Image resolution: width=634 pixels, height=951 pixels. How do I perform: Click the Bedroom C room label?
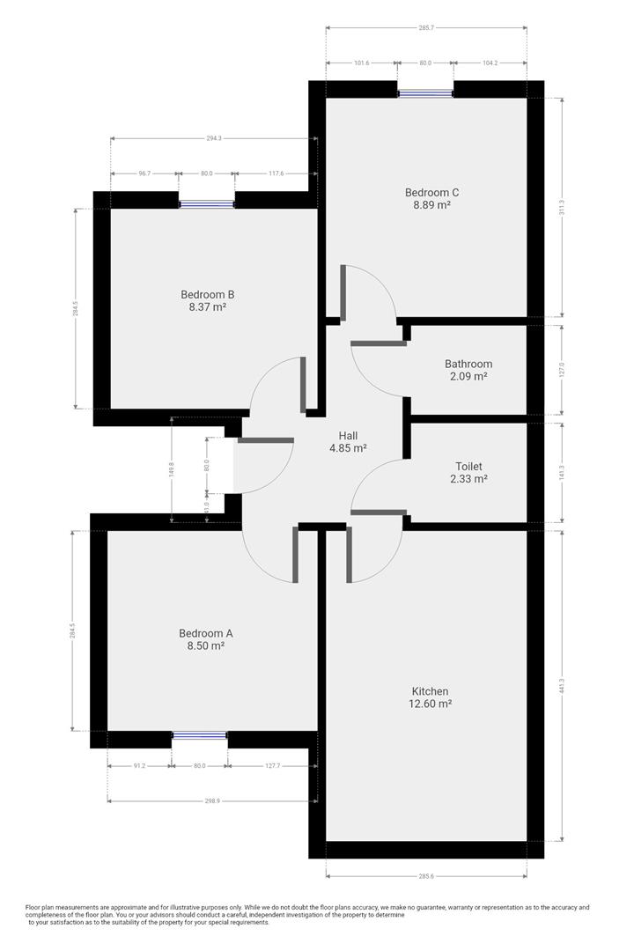(x=432, y=193)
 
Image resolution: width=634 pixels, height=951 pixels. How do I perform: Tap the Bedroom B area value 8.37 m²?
(x=208, y=307)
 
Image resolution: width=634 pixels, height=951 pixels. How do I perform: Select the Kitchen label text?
(x=430, y=691)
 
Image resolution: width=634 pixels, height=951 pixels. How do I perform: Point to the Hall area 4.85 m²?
(x=348, y=448)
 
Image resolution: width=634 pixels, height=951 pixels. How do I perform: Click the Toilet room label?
(x=469, y=467)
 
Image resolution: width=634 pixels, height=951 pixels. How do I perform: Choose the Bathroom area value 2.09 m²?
(x=469, y=376)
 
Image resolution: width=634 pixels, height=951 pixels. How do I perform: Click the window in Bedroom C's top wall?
(x=425, y=93)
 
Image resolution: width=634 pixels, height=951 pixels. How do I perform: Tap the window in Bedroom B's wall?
(x=206, y=204)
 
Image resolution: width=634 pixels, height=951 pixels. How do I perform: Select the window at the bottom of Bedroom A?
(x=200, y=735)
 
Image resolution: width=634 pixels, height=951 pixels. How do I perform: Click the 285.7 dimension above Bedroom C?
(x=426, y=28)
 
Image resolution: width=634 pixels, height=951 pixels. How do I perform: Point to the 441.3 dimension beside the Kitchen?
(x=563, y=686)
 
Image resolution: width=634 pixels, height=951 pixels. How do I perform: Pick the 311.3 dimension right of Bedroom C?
(x=563, y=208)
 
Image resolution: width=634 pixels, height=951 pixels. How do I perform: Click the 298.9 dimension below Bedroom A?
(x=211, y=801)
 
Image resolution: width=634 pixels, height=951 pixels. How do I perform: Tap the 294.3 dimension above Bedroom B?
(x=214, y=139)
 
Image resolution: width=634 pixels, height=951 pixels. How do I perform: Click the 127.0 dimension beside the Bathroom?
(x=563, y=370)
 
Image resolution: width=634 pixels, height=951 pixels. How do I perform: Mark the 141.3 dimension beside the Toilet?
(x=563, y=473)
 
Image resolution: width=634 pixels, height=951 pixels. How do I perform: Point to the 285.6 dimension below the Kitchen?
(x=426, y=876)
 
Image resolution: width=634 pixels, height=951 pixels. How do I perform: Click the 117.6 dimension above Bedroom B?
(x=276, y=173)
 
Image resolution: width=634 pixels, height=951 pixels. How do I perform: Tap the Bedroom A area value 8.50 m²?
(x=206, y=646)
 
